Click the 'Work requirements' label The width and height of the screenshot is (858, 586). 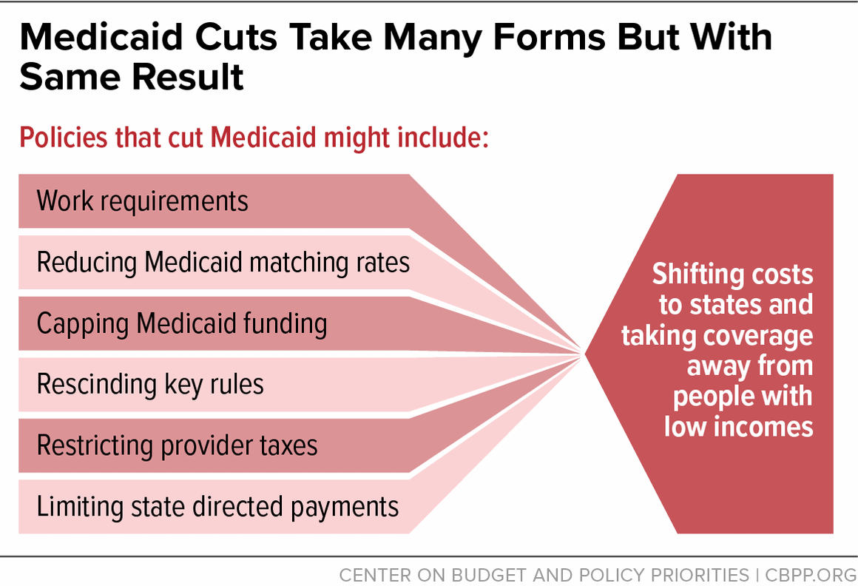click(x=142, y=201)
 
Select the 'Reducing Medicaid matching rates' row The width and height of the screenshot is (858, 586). click(x=223, y=263)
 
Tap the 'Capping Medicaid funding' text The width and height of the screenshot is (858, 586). click(x=181, y=323)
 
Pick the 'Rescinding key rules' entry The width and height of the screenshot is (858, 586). click(x=150, y=385)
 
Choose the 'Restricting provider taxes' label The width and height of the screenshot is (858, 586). click(x=177, y=445)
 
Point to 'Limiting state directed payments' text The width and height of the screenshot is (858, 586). click(x=217, y=507)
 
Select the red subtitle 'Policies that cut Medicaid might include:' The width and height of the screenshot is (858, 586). click(x=254, y=138)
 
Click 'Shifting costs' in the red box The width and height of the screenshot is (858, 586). click(x=732, y=275)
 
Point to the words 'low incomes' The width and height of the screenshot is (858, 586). click(x=738, y=427)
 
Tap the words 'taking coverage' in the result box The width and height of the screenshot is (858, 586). click(x=717, y=335)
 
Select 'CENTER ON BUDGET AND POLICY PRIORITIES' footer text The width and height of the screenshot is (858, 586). click(x=544, y=574)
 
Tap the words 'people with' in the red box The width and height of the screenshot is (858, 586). click(x=743, y=397)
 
